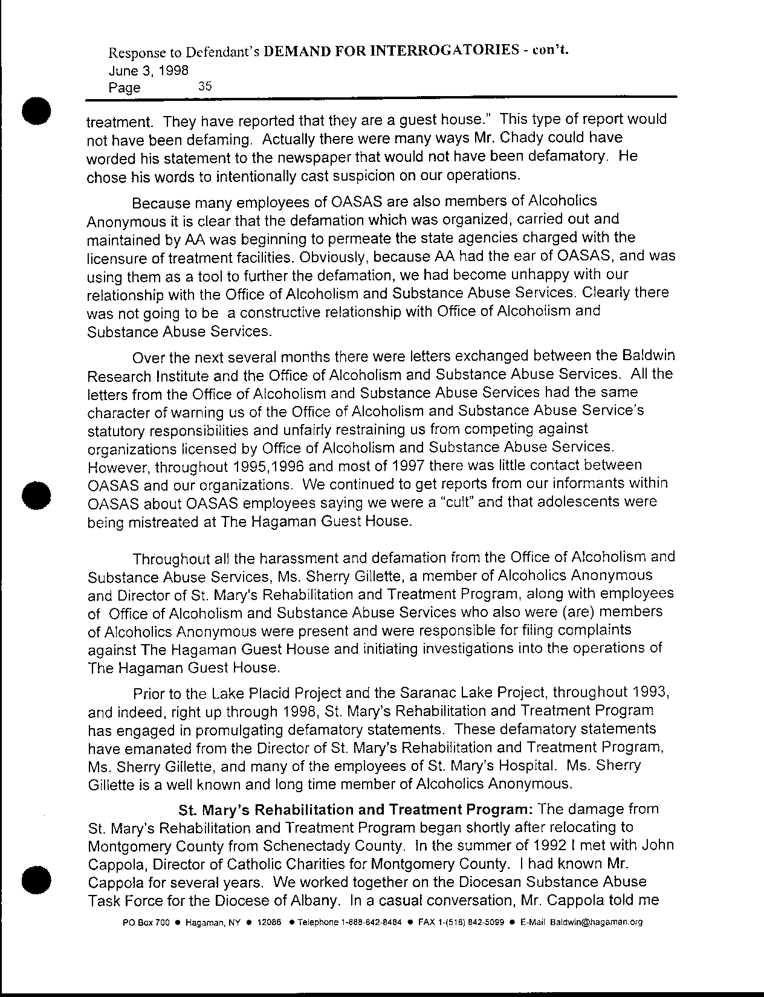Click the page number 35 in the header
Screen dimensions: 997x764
coord(205,86)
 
